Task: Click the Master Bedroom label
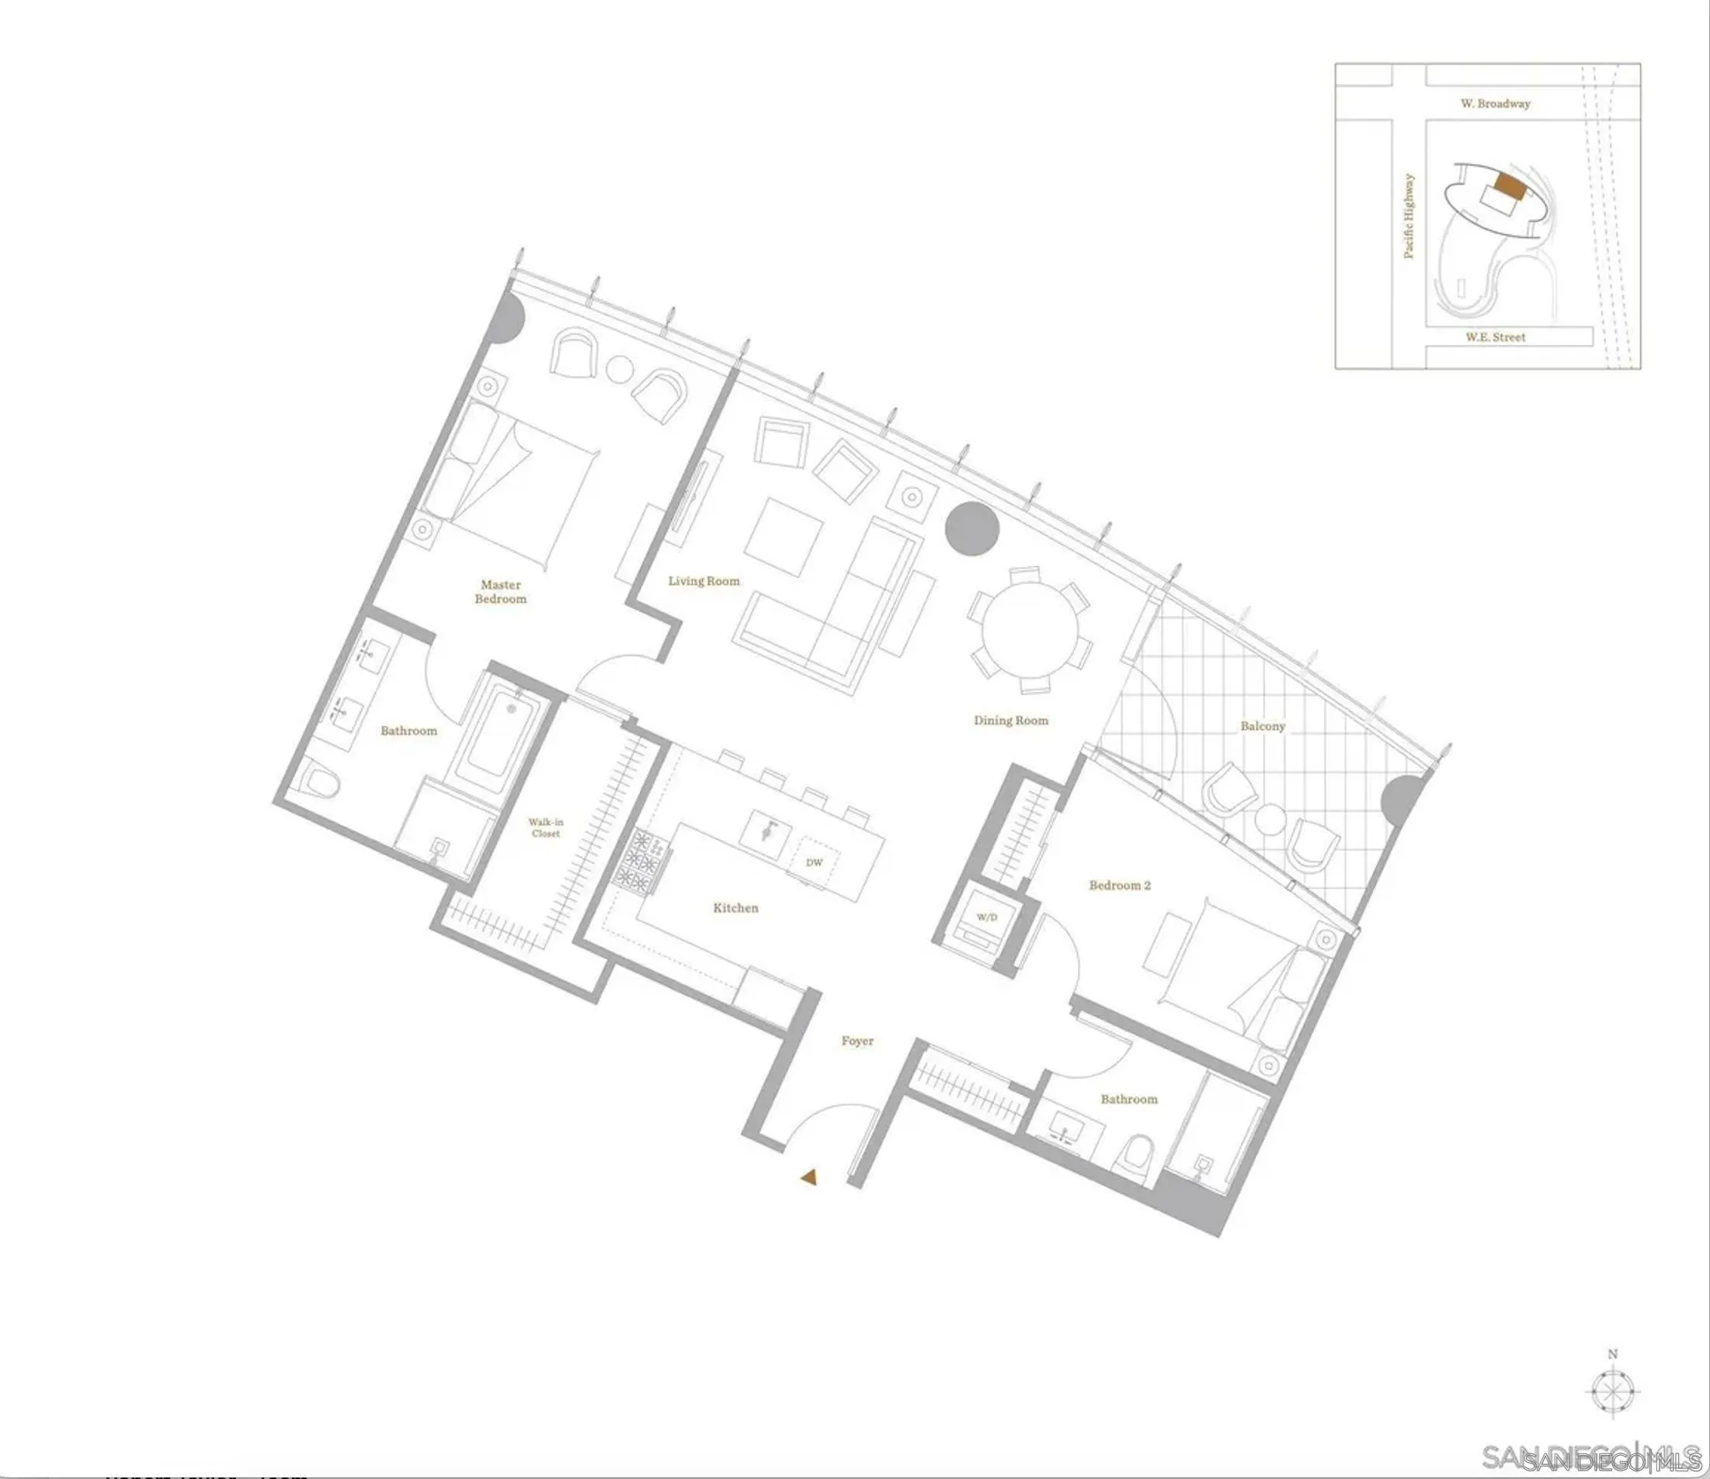[x=500, y=592]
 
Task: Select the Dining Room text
[x=1010, y=721]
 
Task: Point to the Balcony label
[x=1262, y=726]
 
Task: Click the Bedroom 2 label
[x=1119, y=886]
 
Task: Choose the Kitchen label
[x=735, y=908]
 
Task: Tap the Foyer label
[x=857, y=1041]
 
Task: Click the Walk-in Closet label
[x=545, y=827]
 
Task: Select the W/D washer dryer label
[x=986, y=916]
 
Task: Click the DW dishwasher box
[x=815, y=862]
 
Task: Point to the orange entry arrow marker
[x=808, y=1178]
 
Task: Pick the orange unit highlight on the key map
[x=1510, y=186]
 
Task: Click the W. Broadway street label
[x=1495, y=104]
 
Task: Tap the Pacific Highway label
[x=1409, y=215]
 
